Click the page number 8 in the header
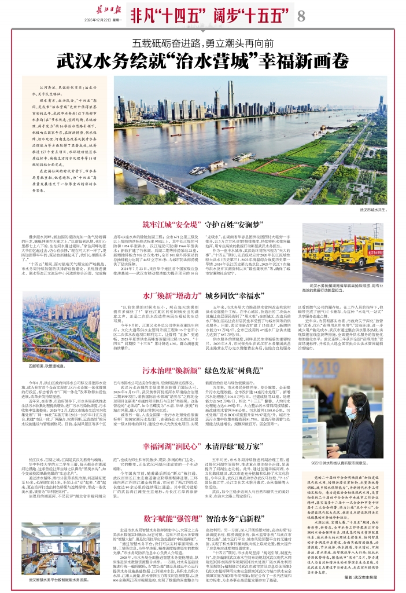coord(301,17)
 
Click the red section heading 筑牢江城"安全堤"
coord(172,225)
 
